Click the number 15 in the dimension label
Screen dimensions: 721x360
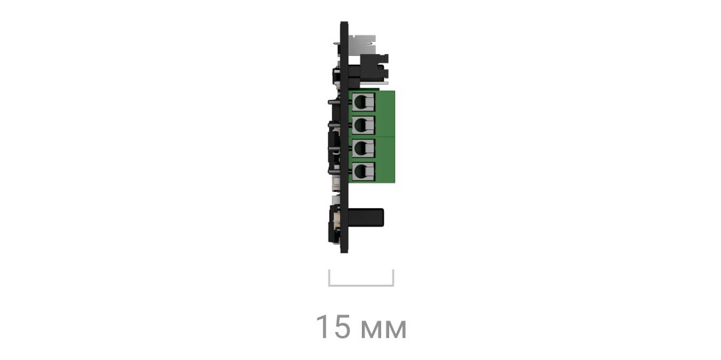pos(333,327)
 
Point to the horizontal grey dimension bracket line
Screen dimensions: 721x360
pos(361,285)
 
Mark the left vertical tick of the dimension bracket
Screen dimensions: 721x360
pos(329,278)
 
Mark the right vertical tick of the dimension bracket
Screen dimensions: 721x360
pos(392,278)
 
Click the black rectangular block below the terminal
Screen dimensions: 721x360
pos(366,217)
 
